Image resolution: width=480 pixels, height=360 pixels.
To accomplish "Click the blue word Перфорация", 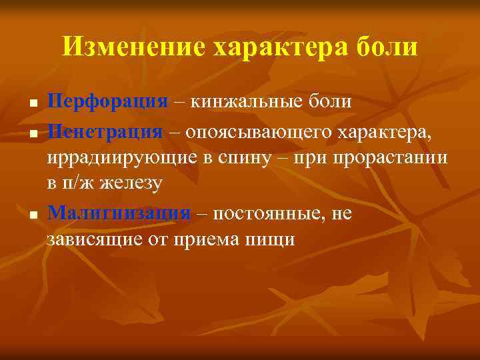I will (x=107, y=102).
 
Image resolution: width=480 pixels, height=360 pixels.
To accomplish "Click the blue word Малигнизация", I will (x=119, y=213).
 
